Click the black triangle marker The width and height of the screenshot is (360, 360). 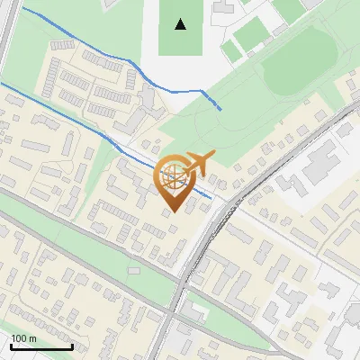(x=181, y=24)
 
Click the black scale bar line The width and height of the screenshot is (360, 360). (x=41, y=347)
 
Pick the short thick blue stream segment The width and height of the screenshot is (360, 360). (x=211, y=99)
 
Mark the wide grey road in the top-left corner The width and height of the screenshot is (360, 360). (x=7, y=27)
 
